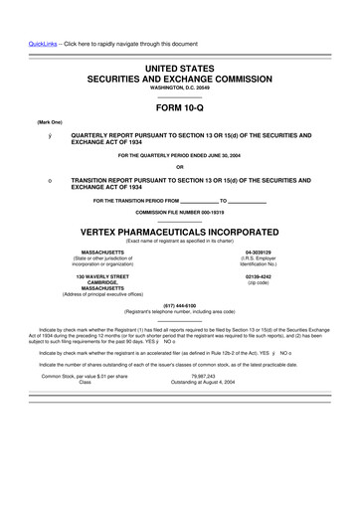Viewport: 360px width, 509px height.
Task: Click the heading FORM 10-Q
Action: [180, 107]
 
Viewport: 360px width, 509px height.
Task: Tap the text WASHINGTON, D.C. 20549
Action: [180, 88]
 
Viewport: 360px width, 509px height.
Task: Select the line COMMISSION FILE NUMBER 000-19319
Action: [180, 213]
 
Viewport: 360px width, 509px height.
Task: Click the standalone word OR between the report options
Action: [180, 166]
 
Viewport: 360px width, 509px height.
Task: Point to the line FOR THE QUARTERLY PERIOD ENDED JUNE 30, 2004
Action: [180, 155]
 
